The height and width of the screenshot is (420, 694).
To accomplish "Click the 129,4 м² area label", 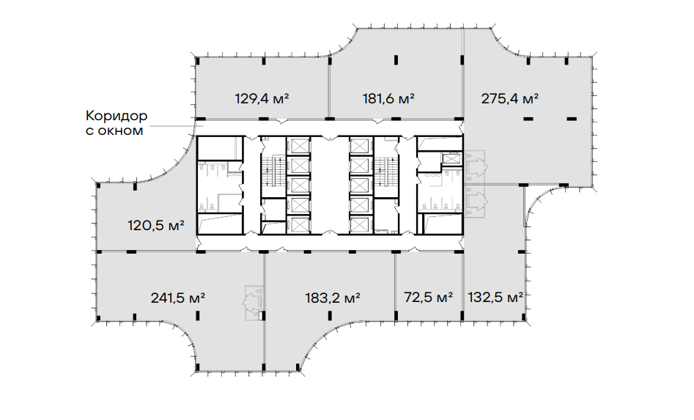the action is click(262, 97).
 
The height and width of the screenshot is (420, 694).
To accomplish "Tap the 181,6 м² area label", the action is click(388, 97).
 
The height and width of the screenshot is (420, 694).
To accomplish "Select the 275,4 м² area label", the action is click(509, 97).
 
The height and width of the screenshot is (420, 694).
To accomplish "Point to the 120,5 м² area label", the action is click(156, 226).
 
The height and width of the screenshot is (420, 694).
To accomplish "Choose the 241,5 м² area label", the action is click(177, 298).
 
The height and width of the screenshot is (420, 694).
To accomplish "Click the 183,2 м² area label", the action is click(333, 298).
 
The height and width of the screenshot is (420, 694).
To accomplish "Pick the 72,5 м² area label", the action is click(428, 297).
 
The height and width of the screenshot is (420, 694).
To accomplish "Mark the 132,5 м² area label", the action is click(495, 297).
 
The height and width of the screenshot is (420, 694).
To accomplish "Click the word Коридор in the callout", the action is click(117, 116).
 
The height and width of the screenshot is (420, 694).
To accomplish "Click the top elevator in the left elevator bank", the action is click(298, 145).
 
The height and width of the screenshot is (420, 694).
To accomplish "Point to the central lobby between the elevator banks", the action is click(330, 185).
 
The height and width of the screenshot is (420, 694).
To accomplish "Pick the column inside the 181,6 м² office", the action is click(396, 59).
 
